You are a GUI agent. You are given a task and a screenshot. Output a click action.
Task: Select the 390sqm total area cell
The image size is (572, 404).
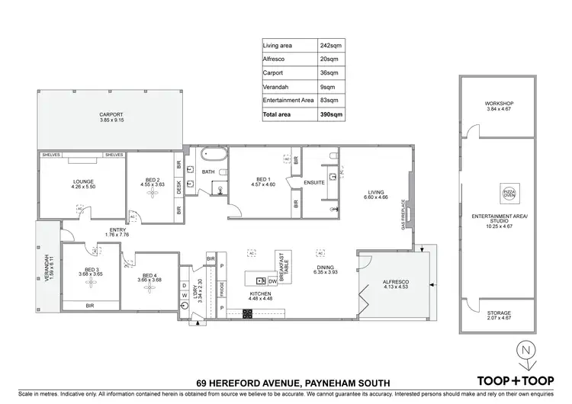pos(330,114)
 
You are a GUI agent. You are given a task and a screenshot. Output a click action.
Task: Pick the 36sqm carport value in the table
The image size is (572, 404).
pos(329,72)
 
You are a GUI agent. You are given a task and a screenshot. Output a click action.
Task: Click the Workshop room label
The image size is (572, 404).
pos(499,106)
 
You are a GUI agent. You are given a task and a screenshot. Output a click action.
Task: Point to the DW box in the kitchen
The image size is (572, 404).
pos(272,281)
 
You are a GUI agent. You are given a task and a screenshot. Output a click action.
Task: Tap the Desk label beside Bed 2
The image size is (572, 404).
pos(179,187)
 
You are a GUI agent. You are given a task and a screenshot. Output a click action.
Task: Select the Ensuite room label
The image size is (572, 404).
pos(314,183)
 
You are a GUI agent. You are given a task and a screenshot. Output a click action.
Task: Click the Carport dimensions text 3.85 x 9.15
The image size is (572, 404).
pos(111,120)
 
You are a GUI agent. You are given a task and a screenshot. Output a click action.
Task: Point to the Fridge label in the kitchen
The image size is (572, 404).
pos(221,290)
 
